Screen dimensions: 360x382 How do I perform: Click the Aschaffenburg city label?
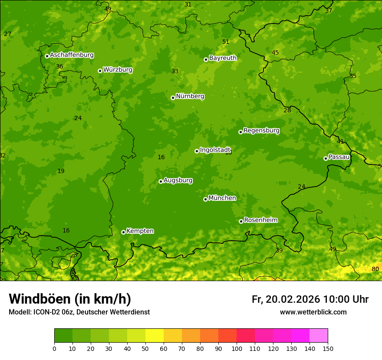(72, 55)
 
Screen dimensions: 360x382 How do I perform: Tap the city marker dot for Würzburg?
(100, 71)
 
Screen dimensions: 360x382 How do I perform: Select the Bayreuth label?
(223, 58)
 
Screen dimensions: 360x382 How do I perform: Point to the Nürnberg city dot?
(173, 98)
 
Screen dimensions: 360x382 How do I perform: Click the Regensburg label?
(261, 131)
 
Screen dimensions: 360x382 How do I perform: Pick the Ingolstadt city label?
(215, 150)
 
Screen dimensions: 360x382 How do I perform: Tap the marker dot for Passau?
(326, 158)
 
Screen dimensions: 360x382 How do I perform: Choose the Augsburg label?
(178, 180)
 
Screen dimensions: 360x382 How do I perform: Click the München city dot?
(205, 199)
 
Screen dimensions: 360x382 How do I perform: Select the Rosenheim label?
(260, 220)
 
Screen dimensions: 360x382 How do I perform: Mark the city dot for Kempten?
(123, 232)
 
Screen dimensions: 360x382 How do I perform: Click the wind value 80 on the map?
(375, 269)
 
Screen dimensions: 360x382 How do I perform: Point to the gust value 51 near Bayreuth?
(226, 42)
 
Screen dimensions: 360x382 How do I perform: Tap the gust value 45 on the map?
(275, 53)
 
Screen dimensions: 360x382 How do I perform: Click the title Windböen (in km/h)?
(70, 299)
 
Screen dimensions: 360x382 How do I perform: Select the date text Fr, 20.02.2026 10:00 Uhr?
(310, 299)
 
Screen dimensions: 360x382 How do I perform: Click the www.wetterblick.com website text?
(313, 312)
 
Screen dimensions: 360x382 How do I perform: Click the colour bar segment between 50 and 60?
(155, 336)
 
